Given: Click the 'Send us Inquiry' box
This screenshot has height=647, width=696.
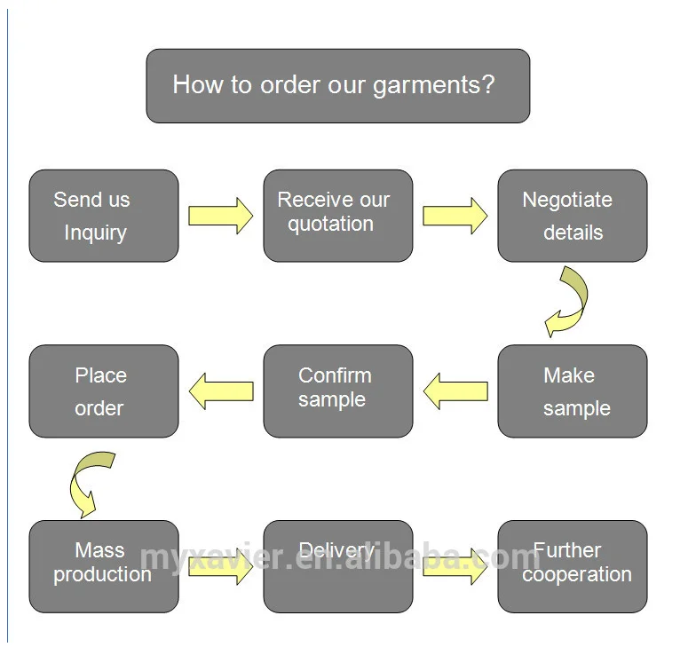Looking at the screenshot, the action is [104, 216].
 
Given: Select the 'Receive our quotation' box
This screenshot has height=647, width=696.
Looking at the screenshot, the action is [338, 216].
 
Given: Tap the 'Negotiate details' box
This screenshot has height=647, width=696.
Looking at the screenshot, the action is [573, 216].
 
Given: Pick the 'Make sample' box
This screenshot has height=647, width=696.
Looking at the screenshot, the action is [573, 391].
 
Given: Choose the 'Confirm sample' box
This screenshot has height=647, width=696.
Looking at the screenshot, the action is [338, 391].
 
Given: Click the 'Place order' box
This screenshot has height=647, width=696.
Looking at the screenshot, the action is [104, 391].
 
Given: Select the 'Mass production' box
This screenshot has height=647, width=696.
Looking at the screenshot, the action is [104, 566].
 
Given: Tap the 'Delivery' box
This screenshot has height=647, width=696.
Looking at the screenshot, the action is [338, 566].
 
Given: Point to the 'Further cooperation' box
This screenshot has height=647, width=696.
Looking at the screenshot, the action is [573, 566].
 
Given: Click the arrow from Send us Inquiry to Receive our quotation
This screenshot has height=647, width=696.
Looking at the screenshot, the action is [221, 216].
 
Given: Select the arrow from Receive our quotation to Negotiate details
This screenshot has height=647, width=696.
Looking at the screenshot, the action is [455, 216].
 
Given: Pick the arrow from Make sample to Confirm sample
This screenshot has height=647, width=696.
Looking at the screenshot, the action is [455, 391].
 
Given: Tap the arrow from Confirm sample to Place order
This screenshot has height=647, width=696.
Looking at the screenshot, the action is [221, 391].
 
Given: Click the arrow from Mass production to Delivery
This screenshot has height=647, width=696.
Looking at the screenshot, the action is [221, 566].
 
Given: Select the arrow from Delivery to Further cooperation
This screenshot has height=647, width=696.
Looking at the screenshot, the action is [455, 566].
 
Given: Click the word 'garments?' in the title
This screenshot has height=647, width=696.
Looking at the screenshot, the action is [433, 85].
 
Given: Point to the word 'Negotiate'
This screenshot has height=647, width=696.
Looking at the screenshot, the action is [567, 201].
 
